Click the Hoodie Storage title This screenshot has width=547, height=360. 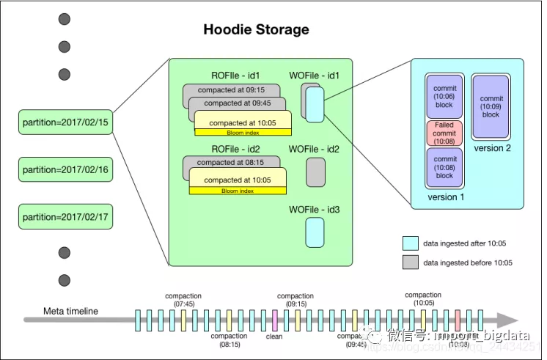(256, 30)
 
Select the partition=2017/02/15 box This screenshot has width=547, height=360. (66, 122)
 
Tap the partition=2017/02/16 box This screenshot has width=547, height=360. (66, 169)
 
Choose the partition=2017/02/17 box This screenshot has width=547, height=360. (66, 217)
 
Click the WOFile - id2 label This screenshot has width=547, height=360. (314, 150)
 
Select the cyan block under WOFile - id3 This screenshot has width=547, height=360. (315, 232)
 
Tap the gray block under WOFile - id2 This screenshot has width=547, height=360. (315, 172)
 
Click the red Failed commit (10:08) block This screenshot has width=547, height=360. (444, 134)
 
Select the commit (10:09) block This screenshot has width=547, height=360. (491, 106)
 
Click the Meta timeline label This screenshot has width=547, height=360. (70, 311)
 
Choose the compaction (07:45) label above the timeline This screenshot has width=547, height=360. (183, 300)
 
